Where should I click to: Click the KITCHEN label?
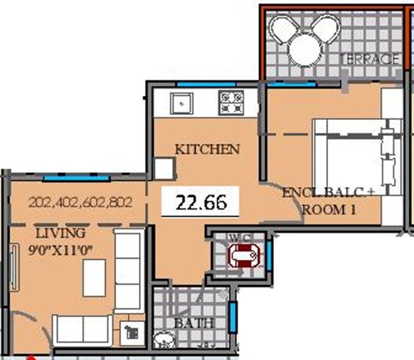pyautogui.click(x=207, y=150)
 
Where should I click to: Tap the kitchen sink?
pyautogui.click(x=181, y=103)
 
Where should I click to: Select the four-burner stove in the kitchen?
pyautogui.click(x=229, y=103)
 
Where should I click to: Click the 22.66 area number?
pyautogui.click(x=200, y=201)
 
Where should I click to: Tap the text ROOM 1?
pyautogui.click(x=330, y=210)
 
